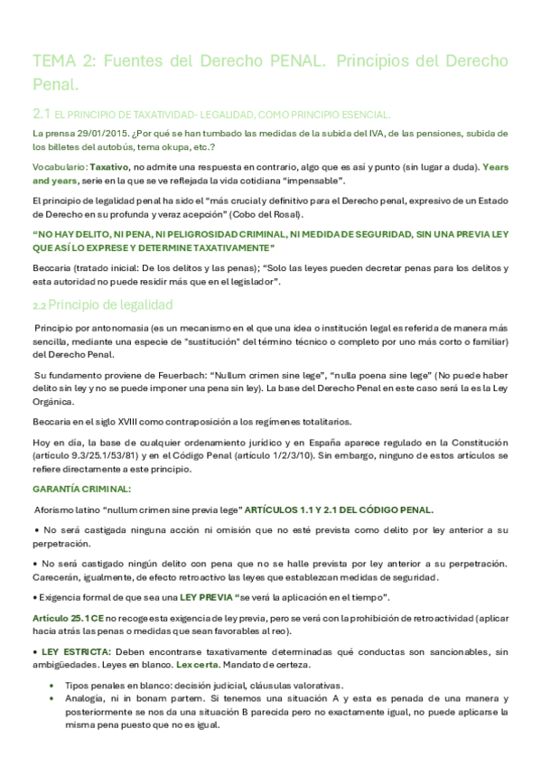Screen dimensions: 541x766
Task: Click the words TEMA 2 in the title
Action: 62,61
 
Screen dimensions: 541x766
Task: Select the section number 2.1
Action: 40,114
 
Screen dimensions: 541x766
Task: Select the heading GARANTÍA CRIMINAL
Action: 81,488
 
